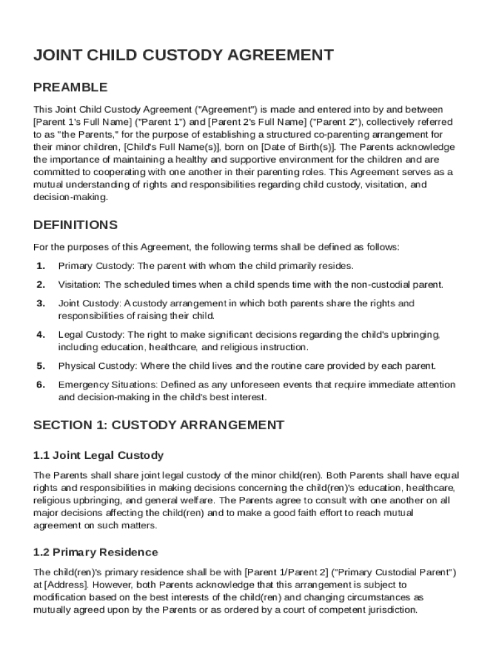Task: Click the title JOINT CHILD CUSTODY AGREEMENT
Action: (184, 55)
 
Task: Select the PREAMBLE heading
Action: (70, 88)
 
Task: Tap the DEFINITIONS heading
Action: (75, 225)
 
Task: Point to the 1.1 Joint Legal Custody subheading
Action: (99, 456)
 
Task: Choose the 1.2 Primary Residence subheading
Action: (95, 552)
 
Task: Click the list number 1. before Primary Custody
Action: (41, 266)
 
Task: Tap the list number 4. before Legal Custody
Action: (41, 335)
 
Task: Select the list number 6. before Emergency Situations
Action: (41, 385)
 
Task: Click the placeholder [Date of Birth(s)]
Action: (298, 147)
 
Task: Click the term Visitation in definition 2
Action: (79, 284)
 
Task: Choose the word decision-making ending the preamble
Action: (70, 197)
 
